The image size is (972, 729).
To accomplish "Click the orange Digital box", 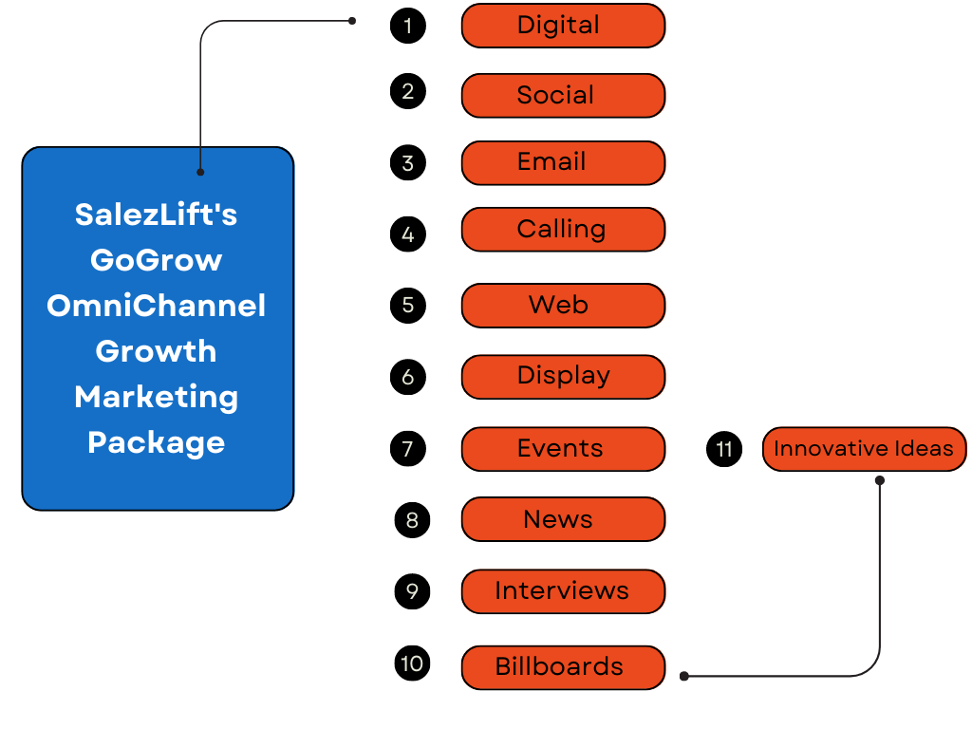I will click(x=563, y=26).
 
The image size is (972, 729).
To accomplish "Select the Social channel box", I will click(x=563, y=95).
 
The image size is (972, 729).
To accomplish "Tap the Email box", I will click(x=563, y=162).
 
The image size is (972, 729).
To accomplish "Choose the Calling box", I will click(x=563, y=230).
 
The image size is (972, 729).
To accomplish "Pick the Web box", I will click(x=563, y=306).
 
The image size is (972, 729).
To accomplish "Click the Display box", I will click(x=563, y=376).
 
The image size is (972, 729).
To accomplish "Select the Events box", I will click(x=563, y=448).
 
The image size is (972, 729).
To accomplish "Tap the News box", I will click(x=563, y=519).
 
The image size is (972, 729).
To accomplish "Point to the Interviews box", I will click(x=563, y=590).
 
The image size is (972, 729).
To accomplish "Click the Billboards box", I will click(x=563, y=666).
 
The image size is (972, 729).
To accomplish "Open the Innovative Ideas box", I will click(x=864, y=448).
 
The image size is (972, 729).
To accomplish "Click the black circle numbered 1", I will click(x=408, y=26).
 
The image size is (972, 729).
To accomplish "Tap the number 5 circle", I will click(x=408, y=306).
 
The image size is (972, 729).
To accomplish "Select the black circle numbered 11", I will click(x=724, y=448).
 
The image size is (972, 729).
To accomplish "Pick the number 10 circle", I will click(x=412, y=663).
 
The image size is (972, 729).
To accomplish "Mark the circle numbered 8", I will click(x=412, y=519).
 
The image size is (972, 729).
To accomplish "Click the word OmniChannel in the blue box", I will click(x=157, y=306).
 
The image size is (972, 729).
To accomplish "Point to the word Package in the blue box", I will click(x=157, y=442).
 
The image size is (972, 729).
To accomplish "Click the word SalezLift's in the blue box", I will click(x=157, y=215).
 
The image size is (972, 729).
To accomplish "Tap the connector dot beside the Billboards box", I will click(x=683, y=677).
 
